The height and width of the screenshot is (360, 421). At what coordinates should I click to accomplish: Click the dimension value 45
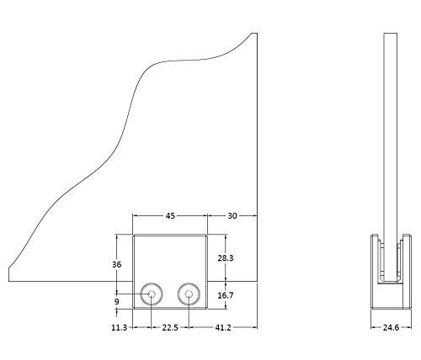170,216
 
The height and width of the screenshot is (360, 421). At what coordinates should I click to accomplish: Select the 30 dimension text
232,216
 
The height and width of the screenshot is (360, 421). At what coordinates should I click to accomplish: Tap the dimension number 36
117,264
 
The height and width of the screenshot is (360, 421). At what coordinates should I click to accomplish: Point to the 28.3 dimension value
226,258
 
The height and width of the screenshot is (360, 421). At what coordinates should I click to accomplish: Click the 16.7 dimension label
226,295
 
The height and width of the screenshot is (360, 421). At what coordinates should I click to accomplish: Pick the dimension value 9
117,302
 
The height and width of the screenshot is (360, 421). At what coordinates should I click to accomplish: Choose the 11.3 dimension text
120,327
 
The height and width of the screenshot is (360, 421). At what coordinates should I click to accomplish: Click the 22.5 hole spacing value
170,327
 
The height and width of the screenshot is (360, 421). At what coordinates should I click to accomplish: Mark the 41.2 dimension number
223,327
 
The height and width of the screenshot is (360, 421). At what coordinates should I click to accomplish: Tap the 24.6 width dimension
391,327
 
